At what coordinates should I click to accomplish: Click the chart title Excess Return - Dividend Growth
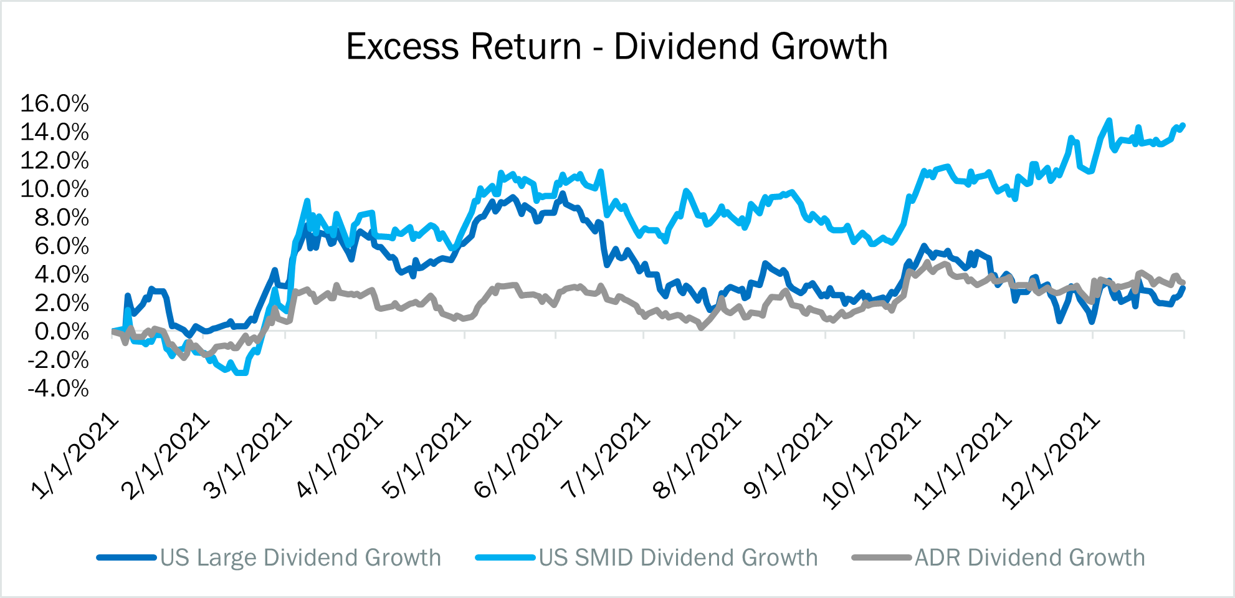pyautogui.click(x=617, y=47)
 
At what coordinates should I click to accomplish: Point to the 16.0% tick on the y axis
pyautogui.click(x=55, y=104)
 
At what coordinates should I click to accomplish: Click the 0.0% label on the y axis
pyautogui.click(x=62, y=332)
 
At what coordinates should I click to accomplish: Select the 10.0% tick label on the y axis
pyautogui.click(x=55, y=189)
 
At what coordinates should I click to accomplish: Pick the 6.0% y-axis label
pyautogui.click(x=62, y=246)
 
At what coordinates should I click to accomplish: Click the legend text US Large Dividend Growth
pyautogui.click(x=300, y=557)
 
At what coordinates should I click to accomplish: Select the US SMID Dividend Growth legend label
pyautogui.click(x=678, y=557)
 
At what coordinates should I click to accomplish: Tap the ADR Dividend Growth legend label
pyautogui.click(x=1029, y=557)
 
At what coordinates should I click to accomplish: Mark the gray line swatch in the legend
pyautogui.click(x=881, y=557)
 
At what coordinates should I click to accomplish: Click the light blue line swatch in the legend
pyautogui.click(x=505, y=557)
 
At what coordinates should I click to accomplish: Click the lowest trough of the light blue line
pyautogui.click(x=241, y=373)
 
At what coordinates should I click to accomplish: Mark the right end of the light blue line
pyautogui.click(x=1183, y=125)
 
